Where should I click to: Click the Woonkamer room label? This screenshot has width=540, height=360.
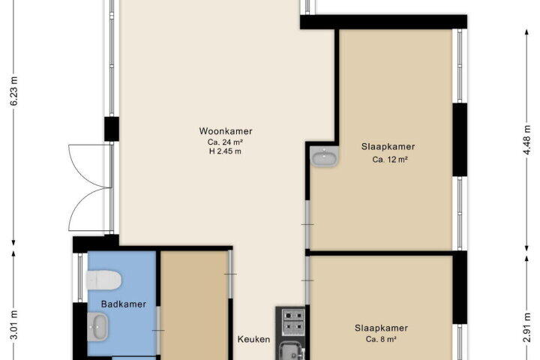pyautogui.click(x=226, y=131)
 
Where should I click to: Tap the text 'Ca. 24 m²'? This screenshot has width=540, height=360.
pyautogui.click(x=225, y=142)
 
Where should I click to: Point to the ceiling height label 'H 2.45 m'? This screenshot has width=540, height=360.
pyautogui.click(x=225, y=151)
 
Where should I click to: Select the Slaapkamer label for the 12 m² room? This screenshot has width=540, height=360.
pyautogui.click(x=388, y=147)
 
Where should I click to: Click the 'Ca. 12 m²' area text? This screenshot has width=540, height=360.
pyautogui.click(x=390, y=160)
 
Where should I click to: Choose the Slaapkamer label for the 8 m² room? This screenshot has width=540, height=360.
pyautogui.click(x=381, y=328)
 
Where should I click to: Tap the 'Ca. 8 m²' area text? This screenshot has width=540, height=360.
pyautogui.click(x=381, y=339)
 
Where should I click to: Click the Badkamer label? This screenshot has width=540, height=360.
pyautogui.click(x=124, y=304)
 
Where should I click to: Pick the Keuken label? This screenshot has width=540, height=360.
pyautogui.click(x=253, y=339)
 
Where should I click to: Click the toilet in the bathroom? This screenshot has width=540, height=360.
pyautogui.click(x=103, y=280)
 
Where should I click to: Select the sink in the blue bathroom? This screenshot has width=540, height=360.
pyautogui.click(x=97, y=326)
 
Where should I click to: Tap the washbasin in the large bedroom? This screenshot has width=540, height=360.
pyautogui.click(x=324, y=156)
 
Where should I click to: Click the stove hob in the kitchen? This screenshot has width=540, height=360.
pyautogui.click(x=293, y=320)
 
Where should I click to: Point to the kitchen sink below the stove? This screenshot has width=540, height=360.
pyautogui.click(x=292, y=350)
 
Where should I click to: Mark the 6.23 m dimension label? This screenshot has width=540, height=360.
pyautogui.click(x=14, y=91)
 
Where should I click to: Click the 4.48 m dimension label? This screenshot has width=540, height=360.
pyautogui.click(x=526, y=139)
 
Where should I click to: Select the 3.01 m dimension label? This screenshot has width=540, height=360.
pyautogui.click(x=14, y=325)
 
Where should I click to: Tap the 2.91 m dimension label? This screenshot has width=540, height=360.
pyautogui.click(x=526, y=327)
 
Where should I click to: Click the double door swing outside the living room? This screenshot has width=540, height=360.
pyautogui.click(x=90, y=187)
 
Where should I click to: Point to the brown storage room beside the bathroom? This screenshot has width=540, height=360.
pyautogui.click(x=194, y=305)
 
